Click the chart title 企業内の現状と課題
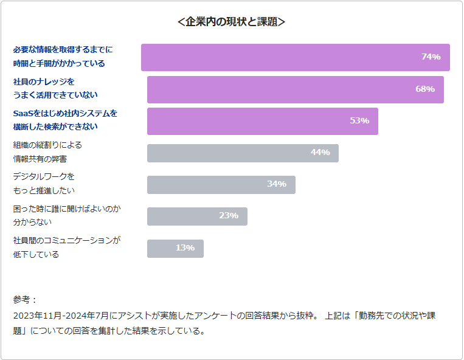tap(232, 22)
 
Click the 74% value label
tap(431, 57)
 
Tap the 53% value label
tap(359, 121)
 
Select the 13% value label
tap(185, 248)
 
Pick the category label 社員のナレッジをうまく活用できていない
tap(55, 88)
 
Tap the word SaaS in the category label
tap(23, 113)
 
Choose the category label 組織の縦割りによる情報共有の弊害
tap(47, 152)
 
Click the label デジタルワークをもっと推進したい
tap(44, 184)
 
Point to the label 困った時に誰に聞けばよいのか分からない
tap(66, 215)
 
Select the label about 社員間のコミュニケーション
tap(66, 247)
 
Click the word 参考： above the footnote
tap(25, 300)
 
